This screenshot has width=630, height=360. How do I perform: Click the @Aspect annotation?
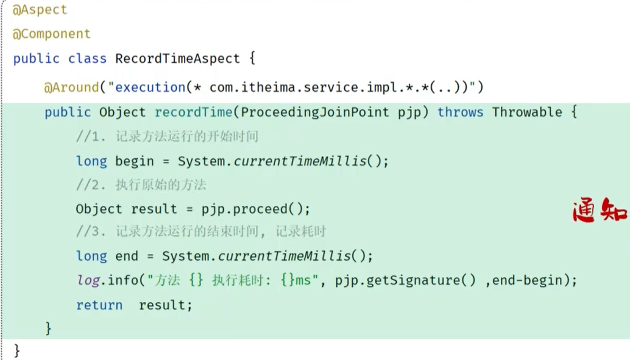pos(40,10)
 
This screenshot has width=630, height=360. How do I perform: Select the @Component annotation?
pos(51,34)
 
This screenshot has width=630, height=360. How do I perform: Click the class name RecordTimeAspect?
pos(177,58)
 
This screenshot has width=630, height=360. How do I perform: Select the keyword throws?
pos(460,112)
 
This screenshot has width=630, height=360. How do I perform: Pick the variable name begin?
pos(135,161)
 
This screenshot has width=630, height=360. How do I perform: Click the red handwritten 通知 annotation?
pos(600,211)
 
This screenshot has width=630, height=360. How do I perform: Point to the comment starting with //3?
pos(201,232)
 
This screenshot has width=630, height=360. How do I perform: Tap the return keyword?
pos(99,305)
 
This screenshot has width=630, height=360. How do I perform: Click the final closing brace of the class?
pos(16,350)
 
